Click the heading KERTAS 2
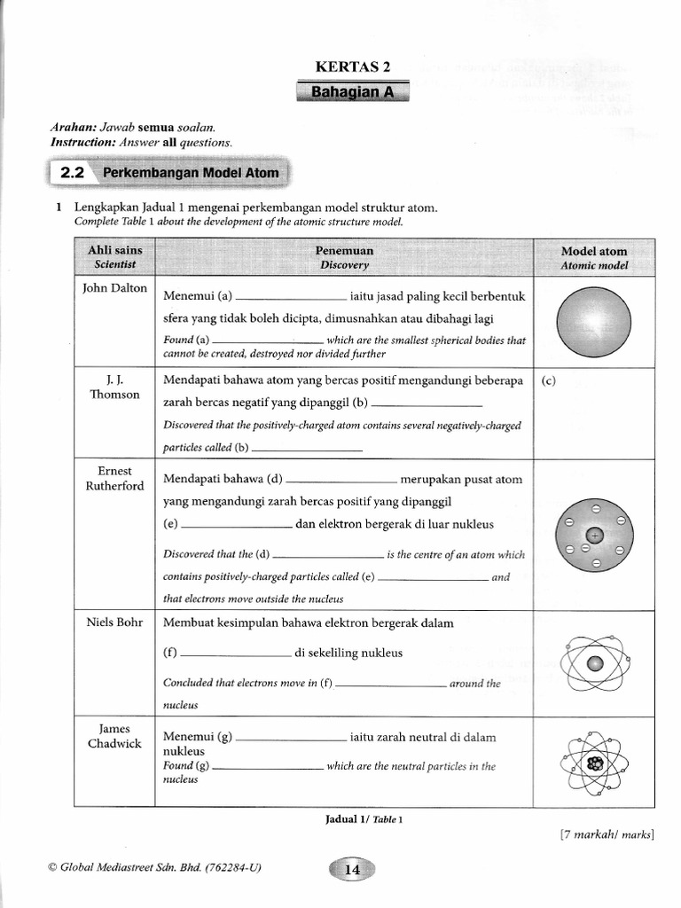tap(353, 67)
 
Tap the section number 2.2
tap(71, 173)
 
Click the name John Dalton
tap(115, 288)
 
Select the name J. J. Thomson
tap(115, 387)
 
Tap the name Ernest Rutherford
tap(115, 478)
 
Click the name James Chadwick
tap(115, 736)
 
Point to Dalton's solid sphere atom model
tap(594, 321)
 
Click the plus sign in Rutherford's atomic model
tap(594, 535)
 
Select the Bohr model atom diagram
tap(594, 663)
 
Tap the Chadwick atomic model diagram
tap(594, 763)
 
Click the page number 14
tap(352, 870)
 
